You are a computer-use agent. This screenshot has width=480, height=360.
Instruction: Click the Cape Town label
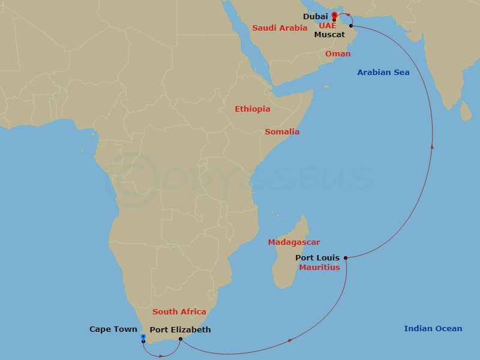click(113, 329)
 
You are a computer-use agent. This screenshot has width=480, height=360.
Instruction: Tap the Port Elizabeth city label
click(180, 329)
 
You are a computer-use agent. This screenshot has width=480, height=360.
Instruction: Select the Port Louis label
click(317, 258)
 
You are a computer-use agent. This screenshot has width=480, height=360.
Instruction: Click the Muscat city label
click(329, 35)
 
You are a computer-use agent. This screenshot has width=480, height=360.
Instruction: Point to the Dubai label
click(315, 17)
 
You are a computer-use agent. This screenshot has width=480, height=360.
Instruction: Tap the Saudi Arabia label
click(280, 28)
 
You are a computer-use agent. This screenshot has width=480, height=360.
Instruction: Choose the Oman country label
click(338, 54)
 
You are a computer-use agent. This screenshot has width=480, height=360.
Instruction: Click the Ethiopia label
click(252, 109)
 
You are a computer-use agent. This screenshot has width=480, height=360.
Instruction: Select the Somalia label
click(282, 132)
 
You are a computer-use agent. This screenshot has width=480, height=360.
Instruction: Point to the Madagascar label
click(293, 242)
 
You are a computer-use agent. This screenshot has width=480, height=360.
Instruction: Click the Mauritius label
click(319, 268)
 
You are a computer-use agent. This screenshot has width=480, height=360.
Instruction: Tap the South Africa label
click(179, 312)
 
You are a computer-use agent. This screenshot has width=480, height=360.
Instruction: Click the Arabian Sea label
click(383, 73)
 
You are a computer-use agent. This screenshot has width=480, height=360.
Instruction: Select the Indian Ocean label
click(433, 329)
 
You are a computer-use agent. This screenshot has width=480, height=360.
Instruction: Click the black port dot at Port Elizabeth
click(180, 339)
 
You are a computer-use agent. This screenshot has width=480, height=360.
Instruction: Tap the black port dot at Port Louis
click(346, 258)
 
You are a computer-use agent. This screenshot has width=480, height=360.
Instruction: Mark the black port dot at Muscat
click(351, 26)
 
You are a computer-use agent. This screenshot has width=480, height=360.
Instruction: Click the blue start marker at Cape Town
click(143, 338)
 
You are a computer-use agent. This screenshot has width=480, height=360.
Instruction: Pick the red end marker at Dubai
click(334, 15)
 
